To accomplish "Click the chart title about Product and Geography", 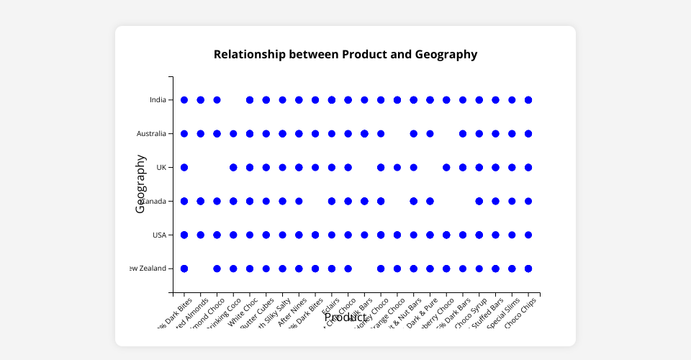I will click(345, 54).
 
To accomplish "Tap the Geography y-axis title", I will click(141, 184).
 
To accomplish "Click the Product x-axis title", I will click(345, 317).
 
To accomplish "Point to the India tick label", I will click(158, 100).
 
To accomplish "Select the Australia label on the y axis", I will click(152, 134).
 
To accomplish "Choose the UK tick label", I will click(161, 167).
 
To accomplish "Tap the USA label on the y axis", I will click(159, 235).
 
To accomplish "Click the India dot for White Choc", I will click(250, 100).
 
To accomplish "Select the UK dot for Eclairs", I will click(332, 167).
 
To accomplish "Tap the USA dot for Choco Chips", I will click(528, 235).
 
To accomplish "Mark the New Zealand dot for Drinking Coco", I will click(233, 269).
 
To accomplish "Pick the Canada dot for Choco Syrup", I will click(479, 201).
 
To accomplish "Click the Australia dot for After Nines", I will click(299, 134).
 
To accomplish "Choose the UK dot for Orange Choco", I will click(397, 167).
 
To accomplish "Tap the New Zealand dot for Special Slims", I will click(512, 269).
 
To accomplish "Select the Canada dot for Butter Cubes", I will click(266, 201).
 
